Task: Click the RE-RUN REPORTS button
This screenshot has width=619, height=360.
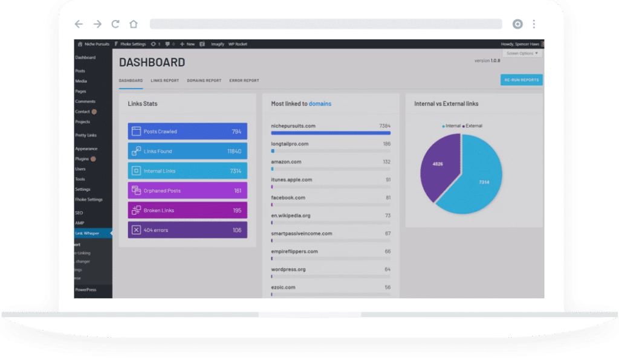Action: [x=521, y=80]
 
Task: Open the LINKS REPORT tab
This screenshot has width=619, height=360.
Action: [x=164, y=80]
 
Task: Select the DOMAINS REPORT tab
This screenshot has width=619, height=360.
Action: [x=204, y=80]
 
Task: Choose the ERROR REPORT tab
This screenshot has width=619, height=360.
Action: [x=244, y=80]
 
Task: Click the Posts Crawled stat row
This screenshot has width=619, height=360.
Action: [x=187, y=131]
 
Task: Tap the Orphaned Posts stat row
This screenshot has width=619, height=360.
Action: [x=187, y=190]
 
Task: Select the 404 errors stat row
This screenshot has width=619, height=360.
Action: [x=187, y=230]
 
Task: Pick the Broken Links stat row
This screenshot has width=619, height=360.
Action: [x=187, y=210]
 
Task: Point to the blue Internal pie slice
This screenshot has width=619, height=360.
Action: [x=478, y=181]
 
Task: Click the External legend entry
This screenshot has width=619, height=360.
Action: [x=473, y=126]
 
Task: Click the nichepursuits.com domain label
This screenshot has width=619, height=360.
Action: [x=294, y=126]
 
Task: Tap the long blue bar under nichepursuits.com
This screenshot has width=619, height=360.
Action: [x=331, y=133]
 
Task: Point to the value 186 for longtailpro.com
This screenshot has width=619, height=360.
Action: [x=386, y=144]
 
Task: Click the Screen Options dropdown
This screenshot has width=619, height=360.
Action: [x=522, y=53]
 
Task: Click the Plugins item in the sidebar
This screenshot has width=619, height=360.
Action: [x=82, y=159]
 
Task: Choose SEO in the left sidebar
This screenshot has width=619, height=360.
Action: [x=79, y=213]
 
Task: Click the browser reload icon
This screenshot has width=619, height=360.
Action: [x=115, y=24]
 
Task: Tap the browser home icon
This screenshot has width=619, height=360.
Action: [x=134, y=24]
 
